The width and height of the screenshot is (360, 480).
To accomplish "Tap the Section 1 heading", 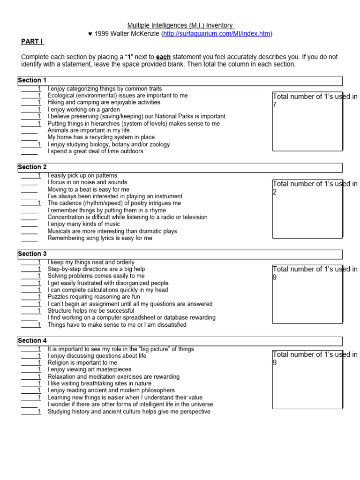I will pyautogui.click(x=32, y=80).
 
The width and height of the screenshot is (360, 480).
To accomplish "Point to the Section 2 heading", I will pyautogui.click(x=32, y=167).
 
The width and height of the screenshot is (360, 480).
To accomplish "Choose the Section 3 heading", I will pyautogui.click(x=32, y=254).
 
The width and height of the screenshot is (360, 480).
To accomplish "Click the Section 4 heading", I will pyautogui.click(x=32, y=340).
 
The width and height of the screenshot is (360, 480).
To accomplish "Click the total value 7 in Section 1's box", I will pyautogui.click(x=275, y=105).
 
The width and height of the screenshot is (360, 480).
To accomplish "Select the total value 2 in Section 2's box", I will pyautogui.click(x=275, y=192).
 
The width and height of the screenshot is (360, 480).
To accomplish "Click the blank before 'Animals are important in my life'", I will pyautogui.click(x=29, y=131).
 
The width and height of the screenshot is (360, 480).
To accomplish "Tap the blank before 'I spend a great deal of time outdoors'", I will pyautogui.click(x=29, y=151).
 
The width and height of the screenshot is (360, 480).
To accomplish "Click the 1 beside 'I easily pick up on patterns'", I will pyautogui.click(x=39, y=176).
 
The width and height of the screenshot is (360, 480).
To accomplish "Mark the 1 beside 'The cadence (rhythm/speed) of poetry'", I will pyautogui.click(x=39, y=203).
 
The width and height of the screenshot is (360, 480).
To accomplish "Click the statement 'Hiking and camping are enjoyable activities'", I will pyautogui.click(x=104, y=102).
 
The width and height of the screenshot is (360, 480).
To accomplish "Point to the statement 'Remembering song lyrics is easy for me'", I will pyautogui.click(x=100, y=238).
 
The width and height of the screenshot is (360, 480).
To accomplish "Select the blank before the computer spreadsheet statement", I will pyautogui.click(x=29, y=318).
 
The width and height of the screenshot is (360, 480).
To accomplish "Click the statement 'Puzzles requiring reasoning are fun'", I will pyautogui.click(x=94, y=297).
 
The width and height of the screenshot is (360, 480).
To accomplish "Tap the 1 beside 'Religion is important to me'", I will pyautogui.click(x=39, y=363).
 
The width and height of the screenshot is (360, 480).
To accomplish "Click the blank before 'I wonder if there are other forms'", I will pyautogui.click(x=29, y=405).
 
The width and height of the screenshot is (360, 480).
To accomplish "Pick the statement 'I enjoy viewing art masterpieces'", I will pyautogui.click(x=90, y=370).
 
